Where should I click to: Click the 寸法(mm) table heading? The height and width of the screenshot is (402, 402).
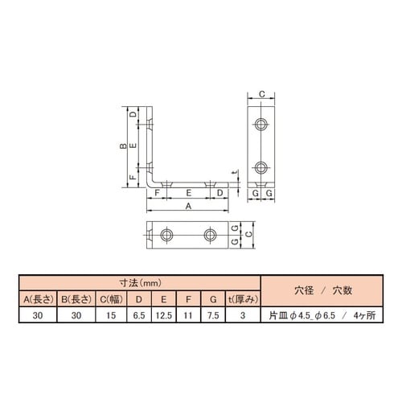[x=140, y=283]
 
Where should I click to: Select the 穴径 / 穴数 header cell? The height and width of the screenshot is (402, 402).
[x=322, y=290]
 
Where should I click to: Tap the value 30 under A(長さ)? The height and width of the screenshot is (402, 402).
[x=38, y=315]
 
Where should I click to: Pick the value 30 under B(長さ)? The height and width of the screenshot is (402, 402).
[x=76, y=315]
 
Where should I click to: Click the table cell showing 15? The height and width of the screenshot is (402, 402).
[x=111, y=315]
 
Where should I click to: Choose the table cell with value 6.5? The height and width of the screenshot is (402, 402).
[x=139, y=315]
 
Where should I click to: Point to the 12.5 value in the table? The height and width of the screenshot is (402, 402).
[x=164, y=315]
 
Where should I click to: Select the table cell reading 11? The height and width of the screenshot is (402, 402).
[x=188, y=315]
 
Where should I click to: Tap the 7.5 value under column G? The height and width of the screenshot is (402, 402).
[x=213, y=315]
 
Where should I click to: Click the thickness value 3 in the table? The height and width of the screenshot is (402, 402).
[x=243, y=315]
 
